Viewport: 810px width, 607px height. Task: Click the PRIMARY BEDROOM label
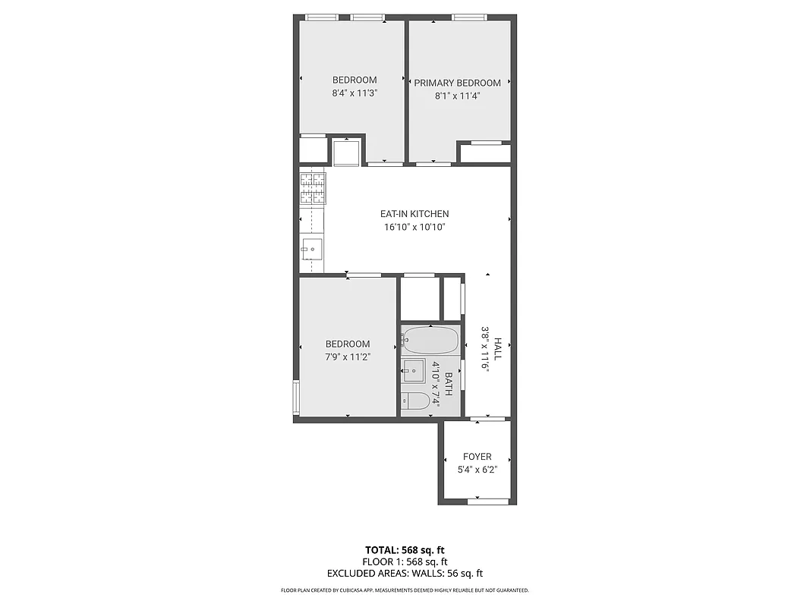coord(457,83)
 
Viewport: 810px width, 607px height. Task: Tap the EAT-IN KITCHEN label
coord(414,214)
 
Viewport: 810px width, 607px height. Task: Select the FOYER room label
coord(477,457)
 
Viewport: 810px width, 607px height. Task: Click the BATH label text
coord(449,384)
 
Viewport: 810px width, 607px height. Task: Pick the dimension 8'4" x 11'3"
coord(355,93)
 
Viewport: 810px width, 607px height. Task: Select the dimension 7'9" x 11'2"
coord(348,357)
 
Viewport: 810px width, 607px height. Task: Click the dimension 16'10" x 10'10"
coord(414,227)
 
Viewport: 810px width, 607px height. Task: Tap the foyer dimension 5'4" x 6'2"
coord(477,470)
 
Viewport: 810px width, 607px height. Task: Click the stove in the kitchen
coord(313,189)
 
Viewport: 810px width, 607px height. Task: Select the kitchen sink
coord(312,248)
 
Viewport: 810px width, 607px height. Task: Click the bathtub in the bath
coord(430,341)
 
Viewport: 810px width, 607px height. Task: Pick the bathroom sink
coord(414,372)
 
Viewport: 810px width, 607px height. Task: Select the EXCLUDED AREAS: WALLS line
coord(405,574)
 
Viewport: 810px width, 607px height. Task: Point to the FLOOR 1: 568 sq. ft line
coord(405,562)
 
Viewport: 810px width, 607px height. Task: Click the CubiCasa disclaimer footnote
coord(405,590)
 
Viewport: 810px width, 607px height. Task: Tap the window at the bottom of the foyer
coord(487,501)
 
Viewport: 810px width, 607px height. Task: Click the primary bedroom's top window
coord(469,17)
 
